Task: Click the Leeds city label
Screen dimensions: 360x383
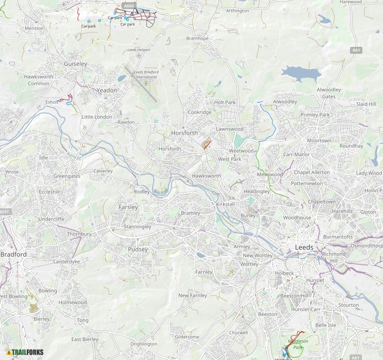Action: (x=304, y=248)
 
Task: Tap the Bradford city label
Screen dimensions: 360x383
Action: (x=14, y=254)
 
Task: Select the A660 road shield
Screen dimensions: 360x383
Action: (x=128, y=6)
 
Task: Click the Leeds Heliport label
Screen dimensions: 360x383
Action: (x=139, y=50)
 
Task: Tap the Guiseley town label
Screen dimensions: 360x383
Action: (x=76, y=64)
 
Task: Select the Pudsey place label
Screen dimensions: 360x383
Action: (x=138, y=249)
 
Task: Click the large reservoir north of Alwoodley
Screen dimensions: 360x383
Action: (x=301, y=73)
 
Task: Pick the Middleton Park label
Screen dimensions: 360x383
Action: (x=297, y=344)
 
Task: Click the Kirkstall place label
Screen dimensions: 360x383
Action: (x=225, y=204)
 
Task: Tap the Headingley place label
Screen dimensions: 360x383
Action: (x=256, y=192)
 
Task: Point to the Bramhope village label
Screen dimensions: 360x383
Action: (x=197, y=39)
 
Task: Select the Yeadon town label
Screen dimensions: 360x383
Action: (x=107, y=90)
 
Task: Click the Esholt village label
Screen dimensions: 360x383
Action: (x=52, y=102)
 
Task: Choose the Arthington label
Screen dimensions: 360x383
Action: (x=237, y=11)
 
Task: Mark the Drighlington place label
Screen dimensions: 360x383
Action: (x=144, y=344)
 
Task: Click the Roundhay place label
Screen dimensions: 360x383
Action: (x=351, y=146)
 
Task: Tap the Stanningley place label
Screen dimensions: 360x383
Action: (x=137, y=226)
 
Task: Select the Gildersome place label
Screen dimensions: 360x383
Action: (x=187, y=337)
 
